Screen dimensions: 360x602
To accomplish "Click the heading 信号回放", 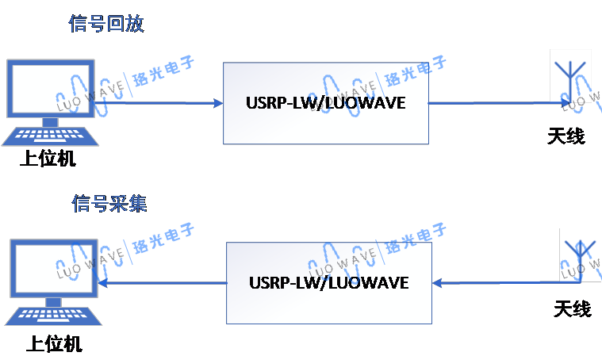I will [x=106, y=24].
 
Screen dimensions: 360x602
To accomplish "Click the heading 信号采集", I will [x=109, y=205].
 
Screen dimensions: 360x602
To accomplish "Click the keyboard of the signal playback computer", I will [x=49, y=136].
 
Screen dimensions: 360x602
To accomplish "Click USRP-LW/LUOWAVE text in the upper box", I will [x=325, y=103].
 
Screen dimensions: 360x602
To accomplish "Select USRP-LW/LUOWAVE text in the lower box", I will [x=328, y=283].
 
